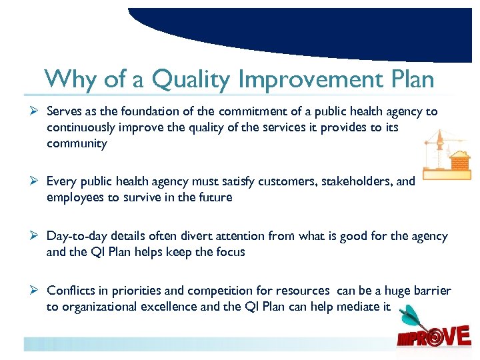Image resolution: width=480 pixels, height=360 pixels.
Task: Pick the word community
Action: point(77,143)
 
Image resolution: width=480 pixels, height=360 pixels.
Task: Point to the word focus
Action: point(231,252)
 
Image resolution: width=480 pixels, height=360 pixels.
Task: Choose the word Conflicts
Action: point(69,291)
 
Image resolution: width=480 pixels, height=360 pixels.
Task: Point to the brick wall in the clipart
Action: point(460,161)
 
